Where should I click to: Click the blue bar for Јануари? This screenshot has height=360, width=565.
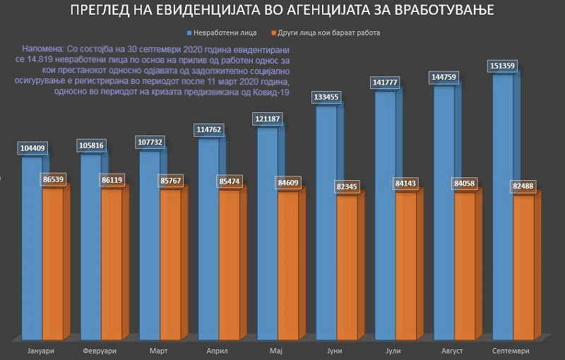pos(31,247)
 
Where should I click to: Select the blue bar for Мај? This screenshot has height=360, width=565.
pos(266,233)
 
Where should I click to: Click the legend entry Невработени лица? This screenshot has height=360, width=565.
pos(227,33)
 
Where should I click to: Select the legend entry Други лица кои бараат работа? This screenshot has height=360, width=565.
pos(329,33)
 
